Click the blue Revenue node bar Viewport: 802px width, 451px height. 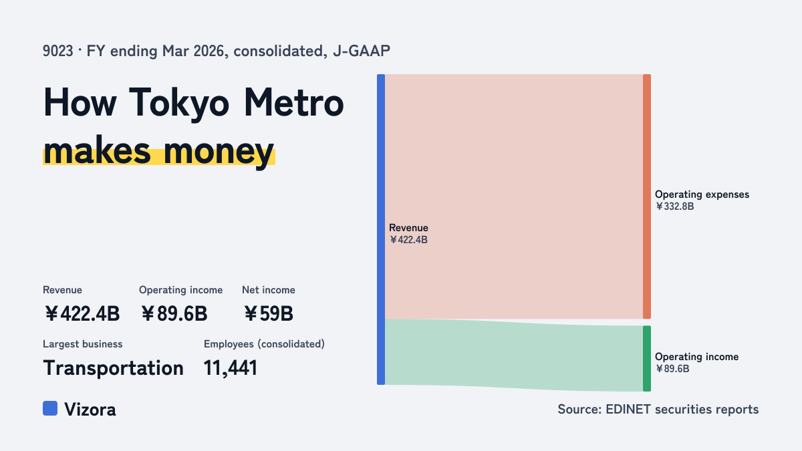coord(381,229)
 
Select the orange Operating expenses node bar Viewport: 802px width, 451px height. coord(647,196)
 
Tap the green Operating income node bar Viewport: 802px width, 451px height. coord(647,358)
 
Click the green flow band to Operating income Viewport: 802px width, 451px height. coord(514,355)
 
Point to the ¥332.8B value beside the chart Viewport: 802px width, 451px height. coord(674,206)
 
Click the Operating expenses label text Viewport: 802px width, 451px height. coord(702,194)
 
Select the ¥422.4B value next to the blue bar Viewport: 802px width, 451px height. coord(408,240)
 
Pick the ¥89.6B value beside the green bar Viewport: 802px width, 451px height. coord(672,369)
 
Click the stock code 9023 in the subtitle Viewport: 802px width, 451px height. coord(58,51)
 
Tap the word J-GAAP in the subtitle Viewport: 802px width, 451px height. coord(362,51)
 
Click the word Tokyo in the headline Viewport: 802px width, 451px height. coord(178,103)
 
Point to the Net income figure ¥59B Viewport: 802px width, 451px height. coord(269,313)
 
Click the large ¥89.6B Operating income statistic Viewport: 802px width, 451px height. coord(174,313)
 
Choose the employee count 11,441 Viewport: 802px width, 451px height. coord(231,368)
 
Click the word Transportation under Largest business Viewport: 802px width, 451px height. coord(113,368)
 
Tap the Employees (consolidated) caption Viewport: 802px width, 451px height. coord(264,344)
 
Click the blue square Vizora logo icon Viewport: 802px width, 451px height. coord(50,408)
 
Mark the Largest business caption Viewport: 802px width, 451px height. coord(83,344)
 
